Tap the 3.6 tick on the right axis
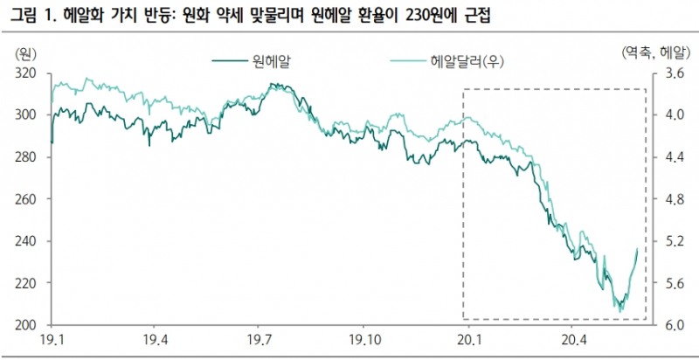click(x=669, y=74)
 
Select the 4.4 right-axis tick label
click(x=669, y=157)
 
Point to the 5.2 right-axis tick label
click(x=669, y=241)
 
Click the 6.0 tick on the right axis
click(x=669, y=325)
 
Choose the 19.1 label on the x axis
click(x=52, y=340)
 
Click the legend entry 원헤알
click(x=272, y=60)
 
